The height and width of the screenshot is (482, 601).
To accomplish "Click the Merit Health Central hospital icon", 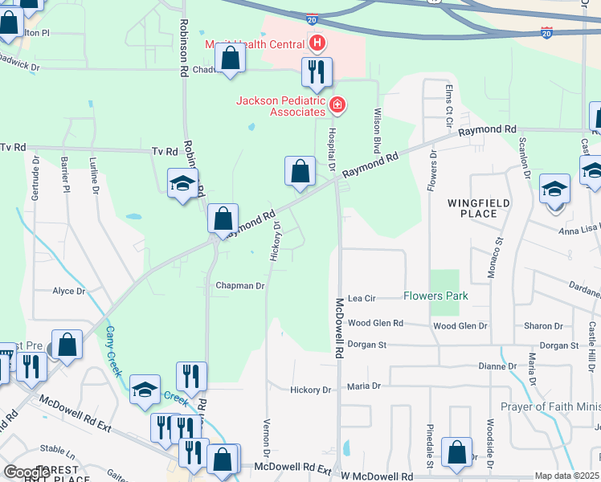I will [x=318, y=42].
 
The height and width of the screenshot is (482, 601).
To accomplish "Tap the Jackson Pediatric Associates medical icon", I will [x=337, y=104].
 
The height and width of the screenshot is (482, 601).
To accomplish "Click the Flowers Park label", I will [x=435, y=296].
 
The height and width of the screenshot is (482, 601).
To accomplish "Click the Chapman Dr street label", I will [x=239, y=286].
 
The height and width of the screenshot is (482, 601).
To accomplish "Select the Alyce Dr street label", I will [x=68, y=292].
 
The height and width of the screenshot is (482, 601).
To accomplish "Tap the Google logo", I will [x=27, y=472].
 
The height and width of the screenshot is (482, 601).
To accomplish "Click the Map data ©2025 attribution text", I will [x=566, y=476].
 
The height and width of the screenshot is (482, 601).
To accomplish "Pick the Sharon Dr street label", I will [x=543, y=326].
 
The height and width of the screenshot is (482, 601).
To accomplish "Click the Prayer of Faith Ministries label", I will [x=550, y=406].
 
